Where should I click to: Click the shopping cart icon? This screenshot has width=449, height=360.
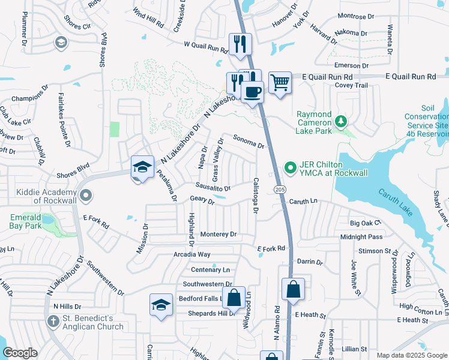280,82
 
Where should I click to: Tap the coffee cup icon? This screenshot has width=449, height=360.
252,92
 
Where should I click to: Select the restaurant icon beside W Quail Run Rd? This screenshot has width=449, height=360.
240,44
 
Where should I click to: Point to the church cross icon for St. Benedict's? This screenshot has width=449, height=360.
52,322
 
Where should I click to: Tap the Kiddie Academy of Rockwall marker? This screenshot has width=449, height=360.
85,195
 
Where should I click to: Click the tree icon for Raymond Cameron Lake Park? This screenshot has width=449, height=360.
341,122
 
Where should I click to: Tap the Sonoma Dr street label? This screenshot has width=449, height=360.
249,142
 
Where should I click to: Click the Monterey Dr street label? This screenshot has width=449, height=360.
218,235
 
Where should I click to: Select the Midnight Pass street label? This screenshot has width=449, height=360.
361,237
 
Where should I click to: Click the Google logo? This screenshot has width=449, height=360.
20,353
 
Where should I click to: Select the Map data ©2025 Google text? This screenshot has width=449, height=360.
412,355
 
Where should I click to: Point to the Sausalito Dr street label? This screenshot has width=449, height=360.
213,187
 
